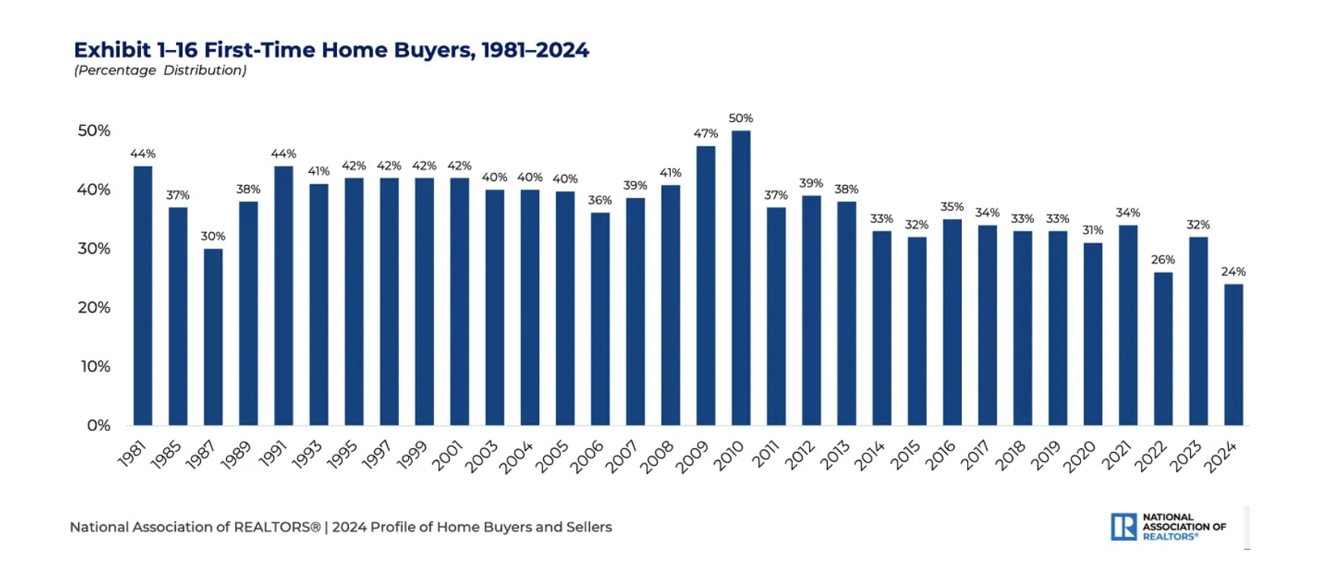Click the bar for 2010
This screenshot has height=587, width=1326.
tap(741, 278)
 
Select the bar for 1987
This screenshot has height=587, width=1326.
tap(213, 337)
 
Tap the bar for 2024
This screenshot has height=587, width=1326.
tap(1233, 354)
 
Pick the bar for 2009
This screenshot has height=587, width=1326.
tap(705, 285)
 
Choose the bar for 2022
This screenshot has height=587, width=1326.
tap(1163, 348)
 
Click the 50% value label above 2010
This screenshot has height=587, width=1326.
tap(741, 118)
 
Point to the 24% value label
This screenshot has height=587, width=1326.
tap(1233, 272)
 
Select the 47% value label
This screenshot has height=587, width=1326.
tap(705, 133)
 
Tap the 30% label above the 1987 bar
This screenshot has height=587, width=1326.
tap(213, 236)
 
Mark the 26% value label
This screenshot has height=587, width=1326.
tap(1163, 259)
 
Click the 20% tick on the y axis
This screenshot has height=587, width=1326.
tap(94, 307)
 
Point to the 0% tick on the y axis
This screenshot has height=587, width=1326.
tap(99, 425)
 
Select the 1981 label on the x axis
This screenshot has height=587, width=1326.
tap(132, 454)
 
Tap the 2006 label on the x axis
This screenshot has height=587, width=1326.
tap(587, 457)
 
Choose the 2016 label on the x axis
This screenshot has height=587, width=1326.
tap(940, 456)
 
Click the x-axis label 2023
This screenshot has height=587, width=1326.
tap(1186, 457)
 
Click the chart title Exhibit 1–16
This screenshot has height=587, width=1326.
tap(331, 50)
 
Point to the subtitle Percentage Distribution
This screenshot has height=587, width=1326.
tap(160, 71)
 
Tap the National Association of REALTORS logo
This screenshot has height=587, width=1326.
tap(1169, 526)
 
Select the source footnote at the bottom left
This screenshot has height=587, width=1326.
tap(341, 527)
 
